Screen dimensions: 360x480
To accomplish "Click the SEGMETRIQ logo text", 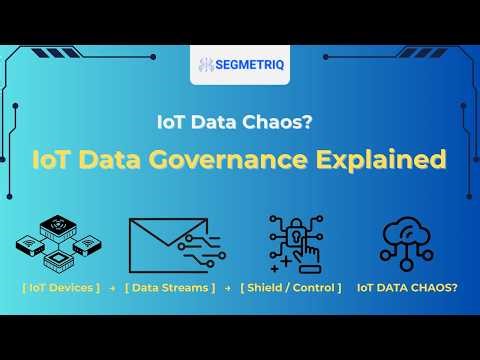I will point(249,65).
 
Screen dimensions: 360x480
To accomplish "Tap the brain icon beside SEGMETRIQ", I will point(207,65).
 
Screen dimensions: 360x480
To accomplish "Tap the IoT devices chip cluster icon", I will point(59,243).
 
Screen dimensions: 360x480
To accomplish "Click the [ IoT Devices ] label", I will point(60,288).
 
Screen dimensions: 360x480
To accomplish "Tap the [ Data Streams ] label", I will point(170,288).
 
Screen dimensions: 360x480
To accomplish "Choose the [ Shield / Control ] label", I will point(290,288).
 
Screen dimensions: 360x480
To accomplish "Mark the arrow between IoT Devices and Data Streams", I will point(112,288).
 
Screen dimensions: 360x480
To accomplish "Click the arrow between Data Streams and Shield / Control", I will point(228,288).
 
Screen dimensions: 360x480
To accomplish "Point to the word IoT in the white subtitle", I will point(173,122).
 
